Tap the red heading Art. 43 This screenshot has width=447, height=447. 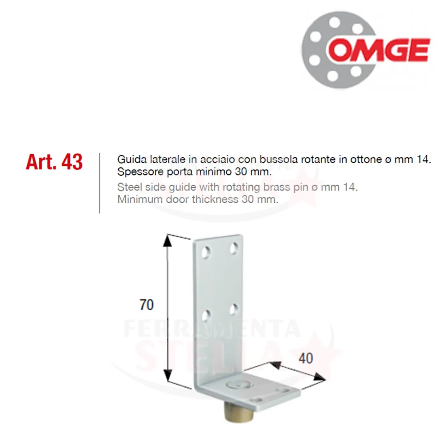[54, 162]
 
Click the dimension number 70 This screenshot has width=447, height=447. [147, 304]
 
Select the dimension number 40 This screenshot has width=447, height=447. [306, 358]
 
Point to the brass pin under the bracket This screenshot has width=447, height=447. [239, 412]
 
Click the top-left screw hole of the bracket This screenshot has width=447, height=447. [206, 253]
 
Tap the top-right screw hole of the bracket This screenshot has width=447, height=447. [234, 248]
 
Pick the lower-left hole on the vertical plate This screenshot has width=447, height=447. [206, 316]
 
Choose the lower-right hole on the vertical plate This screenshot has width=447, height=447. [234, 310]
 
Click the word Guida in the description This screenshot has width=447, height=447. [131, 159]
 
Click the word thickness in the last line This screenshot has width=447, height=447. [215, 199]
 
